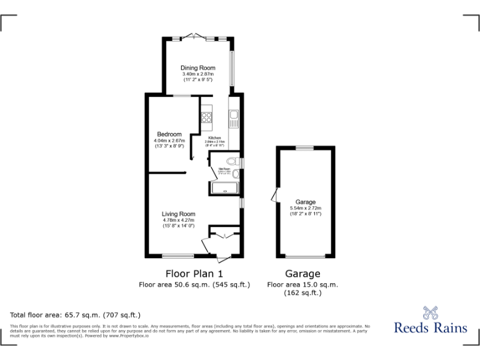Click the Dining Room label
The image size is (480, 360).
198,67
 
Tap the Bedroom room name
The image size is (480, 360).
169,134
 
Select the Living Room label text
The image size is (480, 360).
179,214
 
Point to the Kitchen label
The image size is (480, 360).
214,137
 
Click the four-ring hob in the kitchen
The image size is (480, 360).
207,116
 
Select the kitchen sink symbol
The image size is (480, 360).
233,116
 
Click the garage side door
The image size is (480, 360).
273,196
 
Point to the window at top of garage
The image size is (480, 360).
305,147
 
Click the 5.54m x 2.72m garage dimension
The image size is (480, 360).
305,208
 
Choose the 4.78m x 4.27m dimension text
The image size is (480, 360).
179,220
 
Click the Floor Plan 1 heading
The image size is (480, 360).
194,273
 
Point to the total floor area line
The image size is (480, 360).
75,315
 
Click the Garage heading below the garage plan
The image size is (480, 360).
302,273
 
